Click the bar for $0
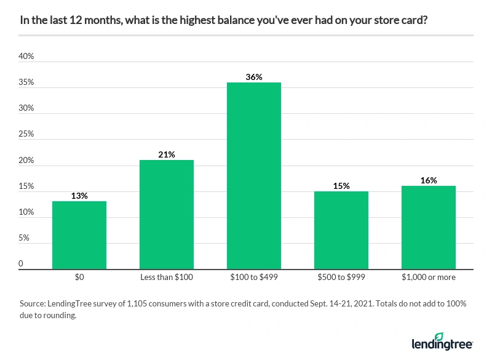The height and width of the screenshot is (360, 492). pyautogui.click(x=79, y=235)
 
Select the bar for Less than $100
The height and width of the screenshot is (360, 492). pyautogui.click(x=167, y=214)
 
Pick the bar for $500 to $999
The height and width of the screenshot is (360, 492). pyautogui.click(x=341, y=230)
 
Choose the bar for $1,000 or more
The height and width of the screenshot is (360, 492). pyautogui.click(x=429, y=227)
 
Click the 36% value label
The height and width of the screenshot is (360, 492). pyautogui.click(x=254, y=77)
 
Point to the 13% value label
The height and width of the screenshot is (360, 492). pyautogui.click(x=79, y=196)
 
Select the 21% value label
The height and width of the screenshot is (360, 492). pyautogui.click(x=167, y=154)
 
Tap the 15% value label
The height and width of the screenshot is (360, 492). pyautogui.click(x=341, y=186)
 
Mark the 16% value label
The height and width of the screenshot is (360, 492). pyautogui.click(x=429, y=180)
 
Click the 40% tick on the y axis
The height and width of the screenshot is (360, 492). pyautogui.click(x=26, y=57)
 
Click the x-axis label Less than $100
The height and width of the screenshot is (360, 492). pyautogui.click(x=167, y=278)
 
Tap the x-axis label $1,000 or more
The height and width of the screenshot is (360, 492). pyautogui.click(x=429, y=278)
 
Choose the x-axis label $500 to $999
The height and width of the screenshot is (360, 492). pyautogui.click(x=341, y=278)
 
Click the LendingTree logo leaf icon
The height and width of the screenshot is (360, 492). pyautogui.click(x=438, y=336)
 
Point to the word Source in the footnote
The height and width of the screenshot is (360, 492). pyautogui.click(x=33, y=303)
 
